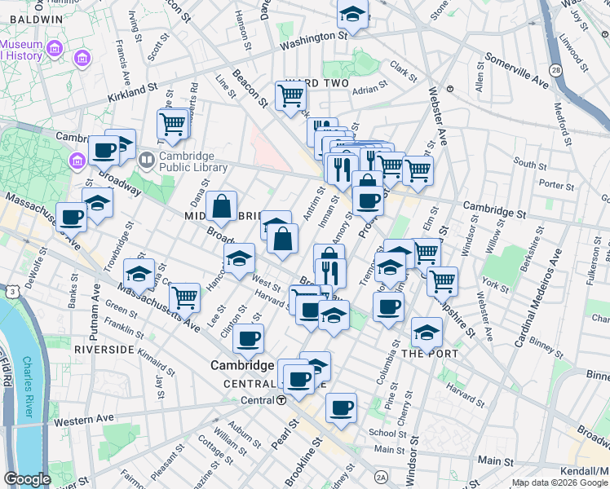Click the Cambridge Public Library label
(x=186, y=163)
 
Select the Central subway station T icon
(x=281, y=400)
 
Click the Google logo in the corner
(x=28, y=479)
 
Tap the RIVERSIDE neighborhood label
(x=104, y=349)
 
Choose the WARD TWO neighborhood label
(x=317, y=84)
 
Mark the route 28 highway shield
(x=556, y=71)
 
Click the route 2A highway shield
(x=381, y=477)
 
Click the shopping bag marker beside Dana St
(x=222, y=207)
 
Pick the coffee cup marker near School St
(x=341, y=407)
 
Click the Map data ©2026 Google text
(x=559, y=482)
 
